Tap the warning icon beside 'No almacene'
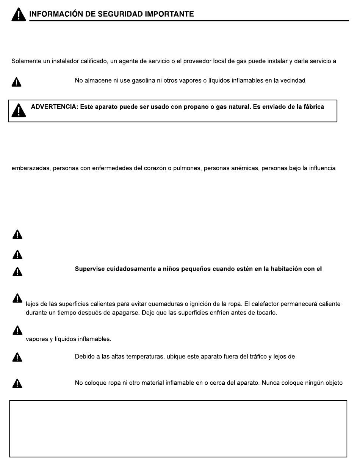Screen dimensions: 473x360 pos(17,82)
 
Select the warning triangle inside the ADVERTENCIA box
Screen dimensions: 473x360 pos(17,110)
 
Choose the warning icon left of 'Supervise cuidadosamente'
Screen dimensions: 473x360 pos(17,271)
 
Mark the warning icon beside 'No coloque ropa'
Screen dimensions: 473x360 pos(17,384)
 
